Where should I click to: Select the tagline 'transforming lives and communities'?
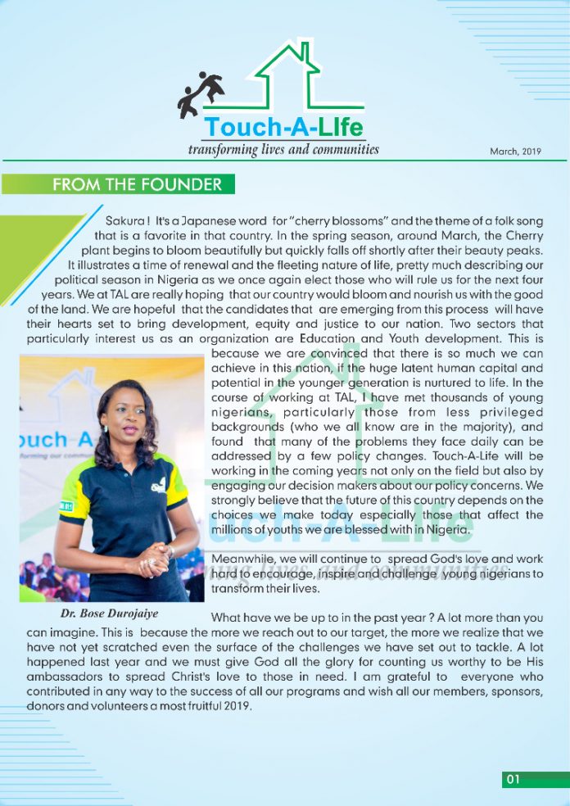coord(283,150)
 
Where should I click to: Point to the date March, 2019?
coord(516,152)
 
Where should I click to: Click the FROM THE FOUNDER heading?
coord(137,184)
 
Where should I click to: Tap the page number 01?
coord(513,780)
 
